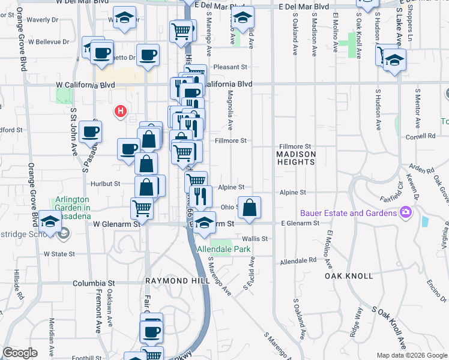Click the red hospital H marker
[121, 111]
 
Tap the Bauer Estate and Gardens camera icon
[406, 212]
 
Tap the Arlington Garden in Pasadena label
[73, 203]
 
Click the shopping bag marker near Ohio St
[250, 207]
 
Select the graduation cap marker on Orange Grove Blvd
[51, 221]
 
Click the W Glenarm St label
[116, 223]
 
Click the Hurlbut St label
[106, 184]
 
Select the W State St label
[59, 254]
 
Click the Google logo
[20, 353]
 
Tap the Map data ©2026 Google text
[411, 355]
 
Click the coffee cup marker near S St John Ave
[91, 132]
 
